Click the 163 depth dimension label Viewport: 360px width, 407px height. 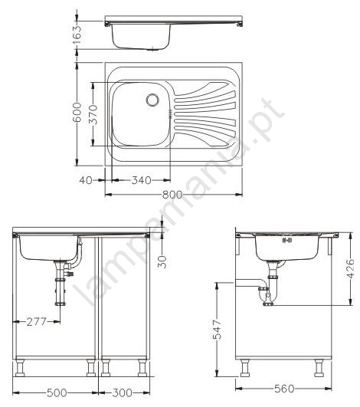(x=77, y=34)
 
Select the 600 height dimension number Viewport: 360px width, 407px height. (x=77, y=112)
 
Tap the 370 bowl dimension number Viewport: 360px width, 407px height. (x=93, y=114)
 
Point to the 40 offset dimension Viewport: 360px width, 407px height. (x=86, y=180)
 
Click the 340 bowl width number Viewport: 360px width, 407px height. (x=142, y=180)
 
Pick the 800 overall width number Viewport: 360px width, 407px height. (x=172, y=195)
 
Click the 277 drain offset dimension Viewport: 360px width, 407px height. (x=37, y=322)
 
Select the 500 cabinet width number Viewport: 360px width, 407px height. (x=57, y=392)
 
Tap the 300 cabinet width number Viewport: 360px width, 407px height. (x=122, y=392)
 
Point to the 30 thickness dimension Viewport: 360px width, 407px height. (x=162, y=261)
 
